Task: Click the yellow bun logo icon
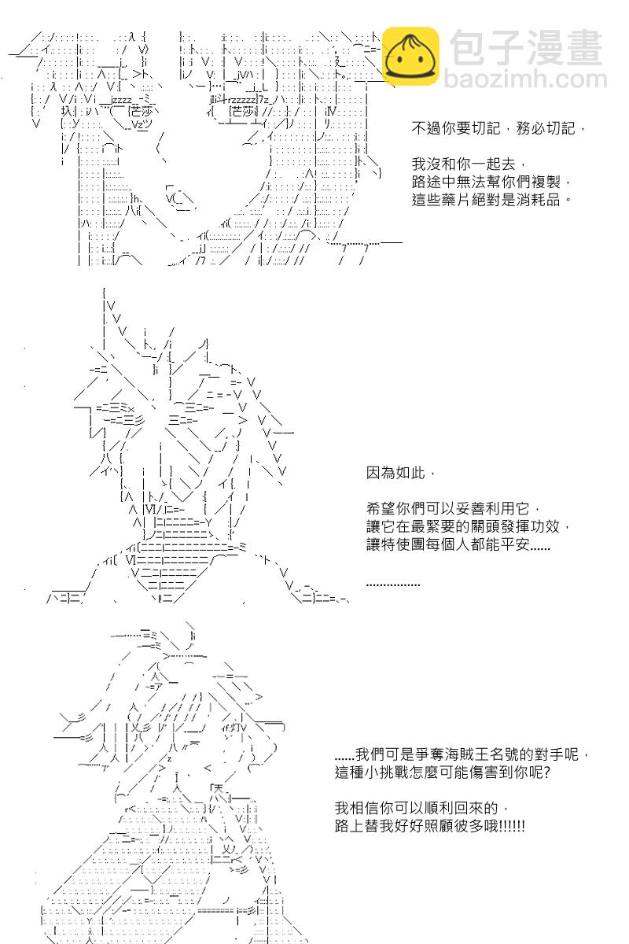[x=410, y=56]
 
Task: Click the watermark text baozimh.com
[x=525, y=80]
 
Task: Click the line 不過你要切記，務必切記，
[x=498, y=128]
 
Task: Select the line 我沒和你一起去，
[x=463, y=164]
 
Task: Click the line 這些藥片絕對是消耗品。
[x=491, y=200]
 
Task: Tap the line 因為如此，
[x=399, y=474]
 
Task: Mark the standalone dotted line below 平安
[x=393, y=584]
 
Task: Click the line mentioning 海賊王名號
[x=461, y=754]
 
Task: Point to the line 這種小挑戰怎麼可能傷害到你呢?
[x=442, y=772]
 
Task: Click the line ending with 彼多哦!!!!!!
[x=430, y=826]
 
